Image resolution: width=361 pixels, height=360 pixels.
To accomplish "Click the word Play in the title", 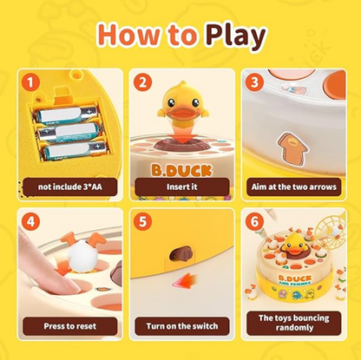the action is [x=235, y=36].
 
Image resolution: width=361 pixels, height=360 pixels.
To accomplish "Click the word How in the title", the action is [x=128, y=35].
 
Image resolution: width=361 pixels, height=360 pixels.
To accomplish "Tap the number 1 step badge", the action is [x=30, y=82].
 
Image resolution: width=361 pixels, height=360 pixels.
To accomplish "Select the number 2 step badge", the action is [x=142, y=82].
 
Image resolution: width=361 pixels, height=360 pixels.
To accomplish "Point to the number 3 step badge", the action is [x=254, y=82].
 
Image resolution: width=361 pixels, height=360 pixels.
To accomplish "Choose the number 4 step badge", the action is [x=30, y=222].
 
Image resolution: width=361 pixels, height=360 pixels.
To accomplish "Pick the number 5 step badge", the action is [x=142, y=222].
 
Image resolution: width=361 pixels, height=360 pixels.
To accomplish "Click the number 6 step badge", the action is [x=254, y=222].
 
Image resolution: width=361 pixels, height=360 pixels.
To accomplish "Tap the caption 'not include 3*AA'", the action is [x=70, y=187].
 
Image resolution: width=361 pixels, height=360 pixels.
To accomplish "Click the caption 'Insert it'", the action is [x=182, y=187].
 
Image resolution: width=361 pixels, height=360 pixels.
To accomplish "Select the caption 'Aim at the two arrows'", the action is [x=294, y=187].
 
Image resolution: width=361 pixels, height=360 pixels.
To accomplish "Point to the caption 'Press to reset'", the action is [x=70, y=326].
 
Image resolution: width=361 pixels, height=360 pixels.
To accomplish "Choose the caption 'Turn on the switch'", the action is [x=182, y=326].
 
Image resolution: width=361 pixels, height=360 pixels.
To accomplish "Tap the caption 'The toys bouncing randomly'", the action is [x=294, y=323].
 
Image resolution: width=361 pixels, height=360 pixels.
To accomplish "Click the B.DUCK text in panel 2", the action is [x=181, y=171].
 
